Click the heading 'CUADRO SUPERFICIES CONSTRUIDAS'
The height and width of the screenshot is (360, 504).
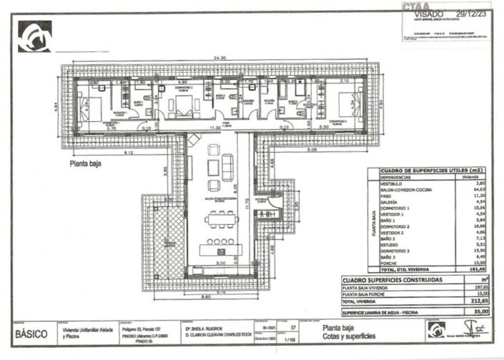tap(391, 281)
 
